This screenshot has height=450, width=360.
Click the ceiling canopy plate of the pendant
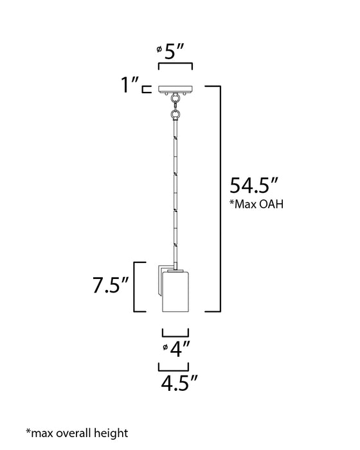tap(175, 88)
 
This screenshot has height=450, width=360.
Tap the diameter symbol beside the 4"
tap(166, 347)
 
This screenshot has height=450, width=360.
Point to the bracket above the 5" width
tap(175, 66)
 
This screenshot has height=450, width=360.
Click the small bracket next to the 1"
tap(147, 88)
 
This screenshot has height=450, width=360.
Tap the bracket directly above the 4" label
tap(175, 332)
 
